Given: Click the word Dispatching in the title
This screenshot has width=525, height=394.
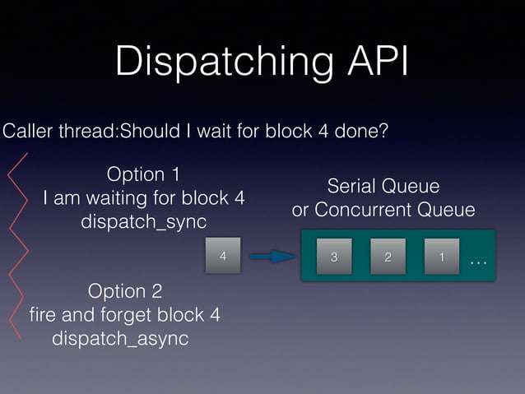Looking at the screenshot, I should [216, 63].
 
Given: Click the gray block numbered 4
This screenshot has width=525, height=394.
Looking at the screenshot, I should [222, 257].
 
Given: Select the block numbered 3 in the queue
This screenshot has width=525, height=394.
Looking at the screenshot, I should [333, 257].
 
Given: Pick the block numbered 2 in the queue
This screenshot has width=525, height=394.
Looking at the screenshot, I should [388, 257].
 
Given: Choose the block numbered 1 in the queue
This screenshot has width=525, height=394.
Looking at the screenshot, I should [442, 257].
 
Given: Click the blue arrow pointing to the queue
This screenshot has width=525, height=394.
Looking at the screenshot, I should [272, 257].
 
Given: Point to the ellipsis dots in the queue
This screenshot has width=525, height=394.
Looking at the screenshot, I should [478, 263].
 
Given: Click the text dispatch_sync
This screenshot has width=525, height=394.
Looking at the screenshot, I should [143, 223].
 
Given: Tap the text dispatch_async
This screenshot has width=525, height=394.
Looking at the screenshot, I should [120, 339].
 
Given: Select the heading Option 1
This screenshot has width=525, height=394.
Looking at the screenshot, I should [144, 174].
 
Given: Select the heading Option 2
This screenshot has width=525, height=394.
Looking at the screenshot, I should [124, 291].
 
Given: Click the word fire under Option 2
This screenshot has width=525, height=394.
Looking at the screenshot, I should [43, 315].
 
